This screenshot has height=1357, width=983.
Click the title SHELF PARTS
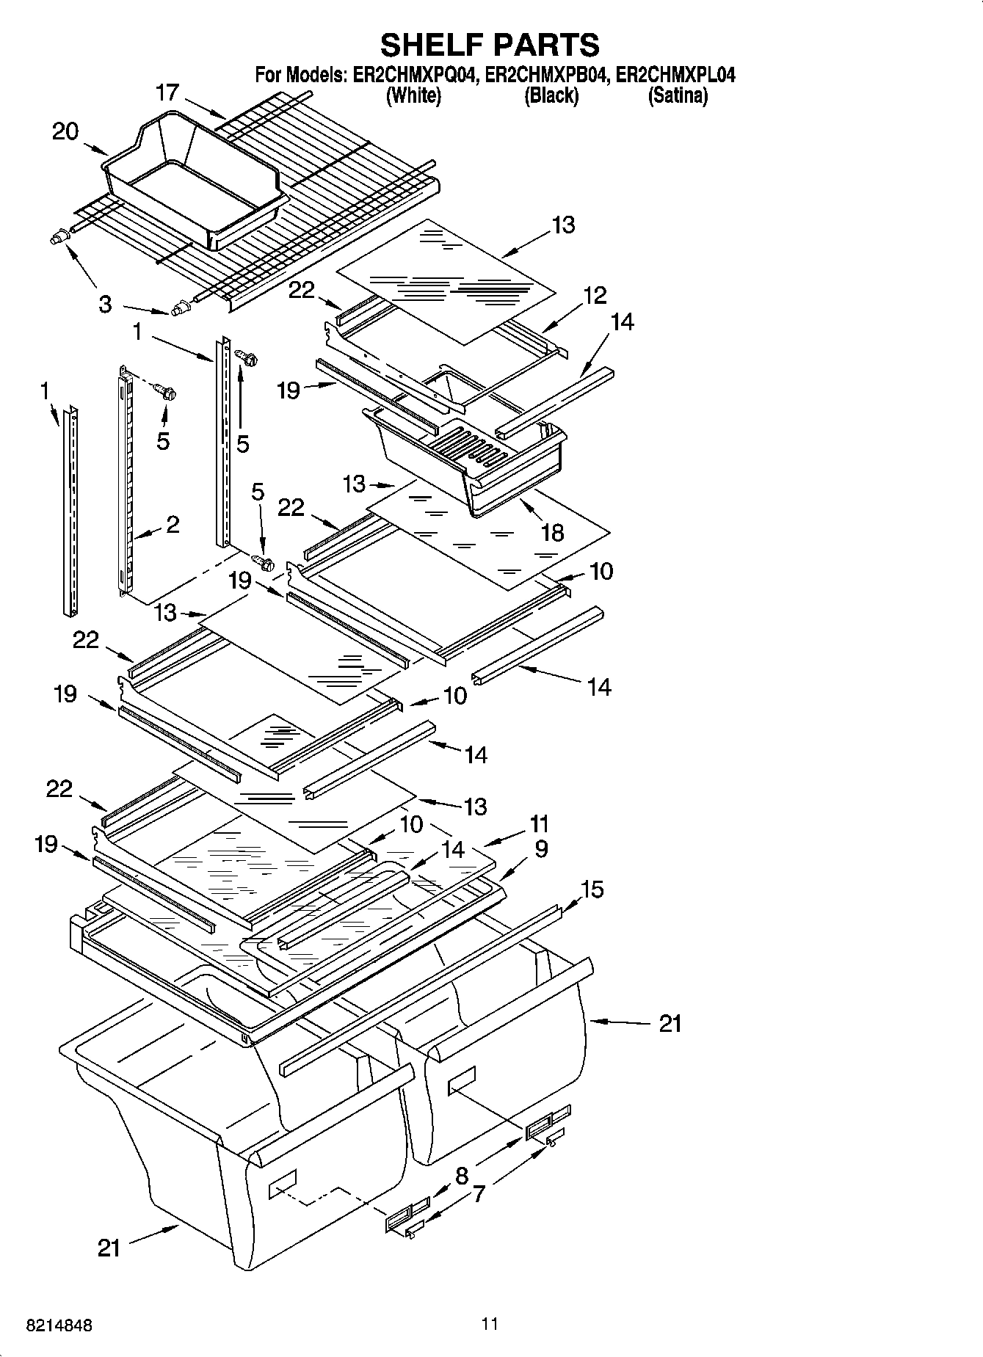tap(490, 46)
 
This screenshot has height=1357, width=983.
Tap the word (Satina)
tap(678, 96)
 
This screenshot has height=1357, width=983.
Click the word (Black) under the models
tap(551, 96)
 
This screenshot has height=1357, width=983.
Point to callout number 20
tap(65, 132)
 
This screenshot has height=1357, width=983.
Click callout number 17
tap(167, 93)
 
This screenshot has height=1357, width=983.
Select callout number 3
tap(105, 304)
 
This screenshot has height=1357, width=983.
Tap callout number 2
tap(172, 524)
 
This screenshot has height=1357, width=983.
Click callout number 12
tap(595, 295)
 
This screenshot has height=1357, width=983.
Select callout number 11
tap(539, 824)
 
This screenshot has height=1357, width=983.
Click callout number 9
tap(541, 849)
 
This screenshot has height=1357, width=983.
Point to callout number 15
tap(592, 889)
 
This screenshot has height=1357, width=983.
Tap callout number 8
tap(462, 1176)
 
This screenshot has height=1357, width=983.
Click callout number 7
tap(478, 1195)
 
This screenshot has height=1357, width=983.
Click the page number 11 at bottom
tap(490, 1324)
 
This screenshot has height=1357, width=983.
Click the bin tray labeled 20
tap(191, 183)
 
